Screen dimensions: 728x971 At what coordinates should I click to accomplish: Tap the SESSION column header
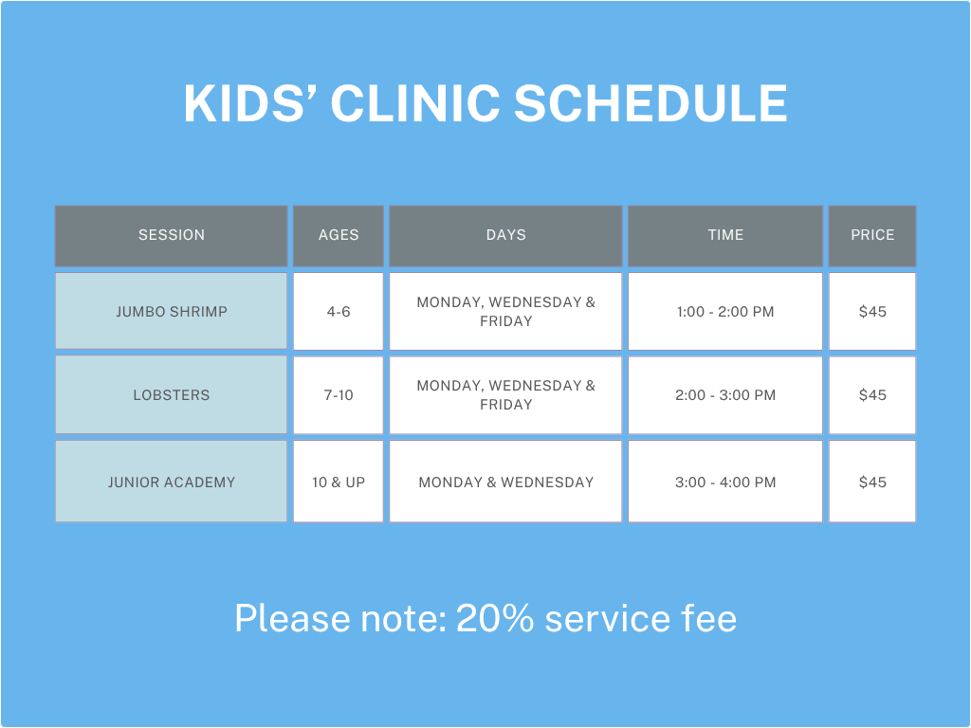(x=172, y=235)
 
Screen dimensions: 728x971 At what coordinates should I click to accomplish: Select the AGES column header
(x=339, y=235)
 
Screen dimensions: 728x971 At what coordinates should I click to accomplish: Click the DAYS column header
(x=505, y=235)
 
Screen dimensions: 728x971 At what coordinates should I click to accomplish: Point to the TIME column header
(x=725, y=235)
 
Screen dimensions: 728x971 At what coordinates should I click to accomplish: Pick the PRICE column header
(x=872, y=235)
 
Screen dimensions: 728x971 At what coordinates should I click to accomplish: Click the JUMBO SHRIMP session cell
(x=172, y=311)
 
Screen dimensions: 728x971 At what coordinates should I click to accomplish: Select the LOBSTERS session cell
(x=172, y=394)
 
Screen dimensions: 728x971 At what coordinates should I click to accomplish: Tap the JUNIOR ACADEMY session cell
(x=172, y=482)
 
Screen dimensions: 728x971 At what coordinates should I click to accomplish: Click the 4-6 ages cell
(x=339, y=311)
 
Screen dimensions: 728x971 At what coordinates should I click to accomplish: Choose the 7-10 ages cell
(x=339, y=394)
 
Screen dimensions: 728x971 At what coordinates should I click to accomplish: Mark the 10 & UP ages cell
(x=339, y=482)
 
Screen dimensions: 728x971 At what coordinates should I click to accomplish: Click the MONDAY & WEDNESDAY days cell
(x=505, y=482)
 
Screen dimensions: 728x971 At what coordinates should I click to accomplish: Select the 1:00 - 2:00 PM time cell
(x=725, y=311)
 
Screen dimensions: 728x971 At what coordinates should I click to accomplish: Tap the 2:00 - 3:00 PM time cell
(x=725, y=394)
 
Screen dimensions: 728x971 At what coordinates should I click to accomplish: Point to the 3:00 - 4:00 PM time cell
(x=725, y=482)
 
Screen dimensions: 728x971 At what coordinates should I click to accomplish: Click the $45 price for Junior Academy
(x=872, y=482)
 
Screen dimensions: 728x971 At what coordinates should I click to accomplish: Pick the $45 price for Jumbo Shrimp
(x=872, y=311)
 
